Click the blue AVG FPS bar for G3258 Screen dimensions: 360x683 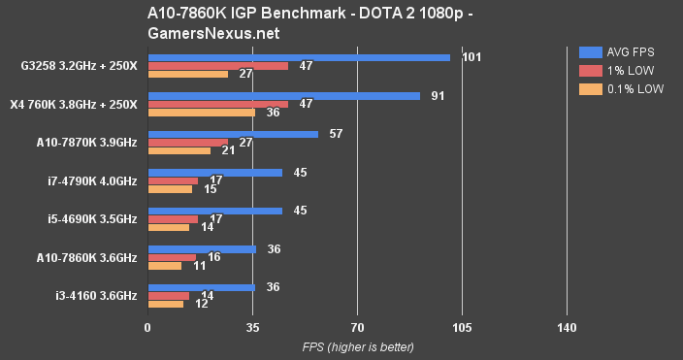pos(298,58)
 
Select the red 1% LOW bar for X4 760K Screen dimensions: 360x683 pos(217,104)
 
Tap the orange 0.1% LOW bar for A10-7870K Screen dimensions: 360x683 pos(179,150)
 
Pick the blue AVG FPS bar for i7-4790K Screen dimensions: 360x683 pos(214,173)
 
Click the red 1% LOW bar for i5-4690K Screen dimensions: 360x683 pos(173,218)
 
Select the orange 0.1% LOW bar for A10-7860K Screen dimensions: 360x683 pos(164,265)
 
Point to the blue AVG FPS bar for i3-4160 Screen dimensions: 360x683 pos(201,287)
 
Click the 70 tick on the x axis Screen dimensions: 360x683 pos(357,327)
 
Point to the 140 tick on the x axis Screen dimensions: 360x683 pos(568,327)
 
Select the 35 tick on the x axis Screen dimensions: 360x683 pos(252,327)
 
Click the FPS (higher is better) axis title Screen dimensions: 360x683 pos(357,346)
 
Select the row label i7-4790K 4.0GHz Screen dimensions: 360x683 pos(86,181)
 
